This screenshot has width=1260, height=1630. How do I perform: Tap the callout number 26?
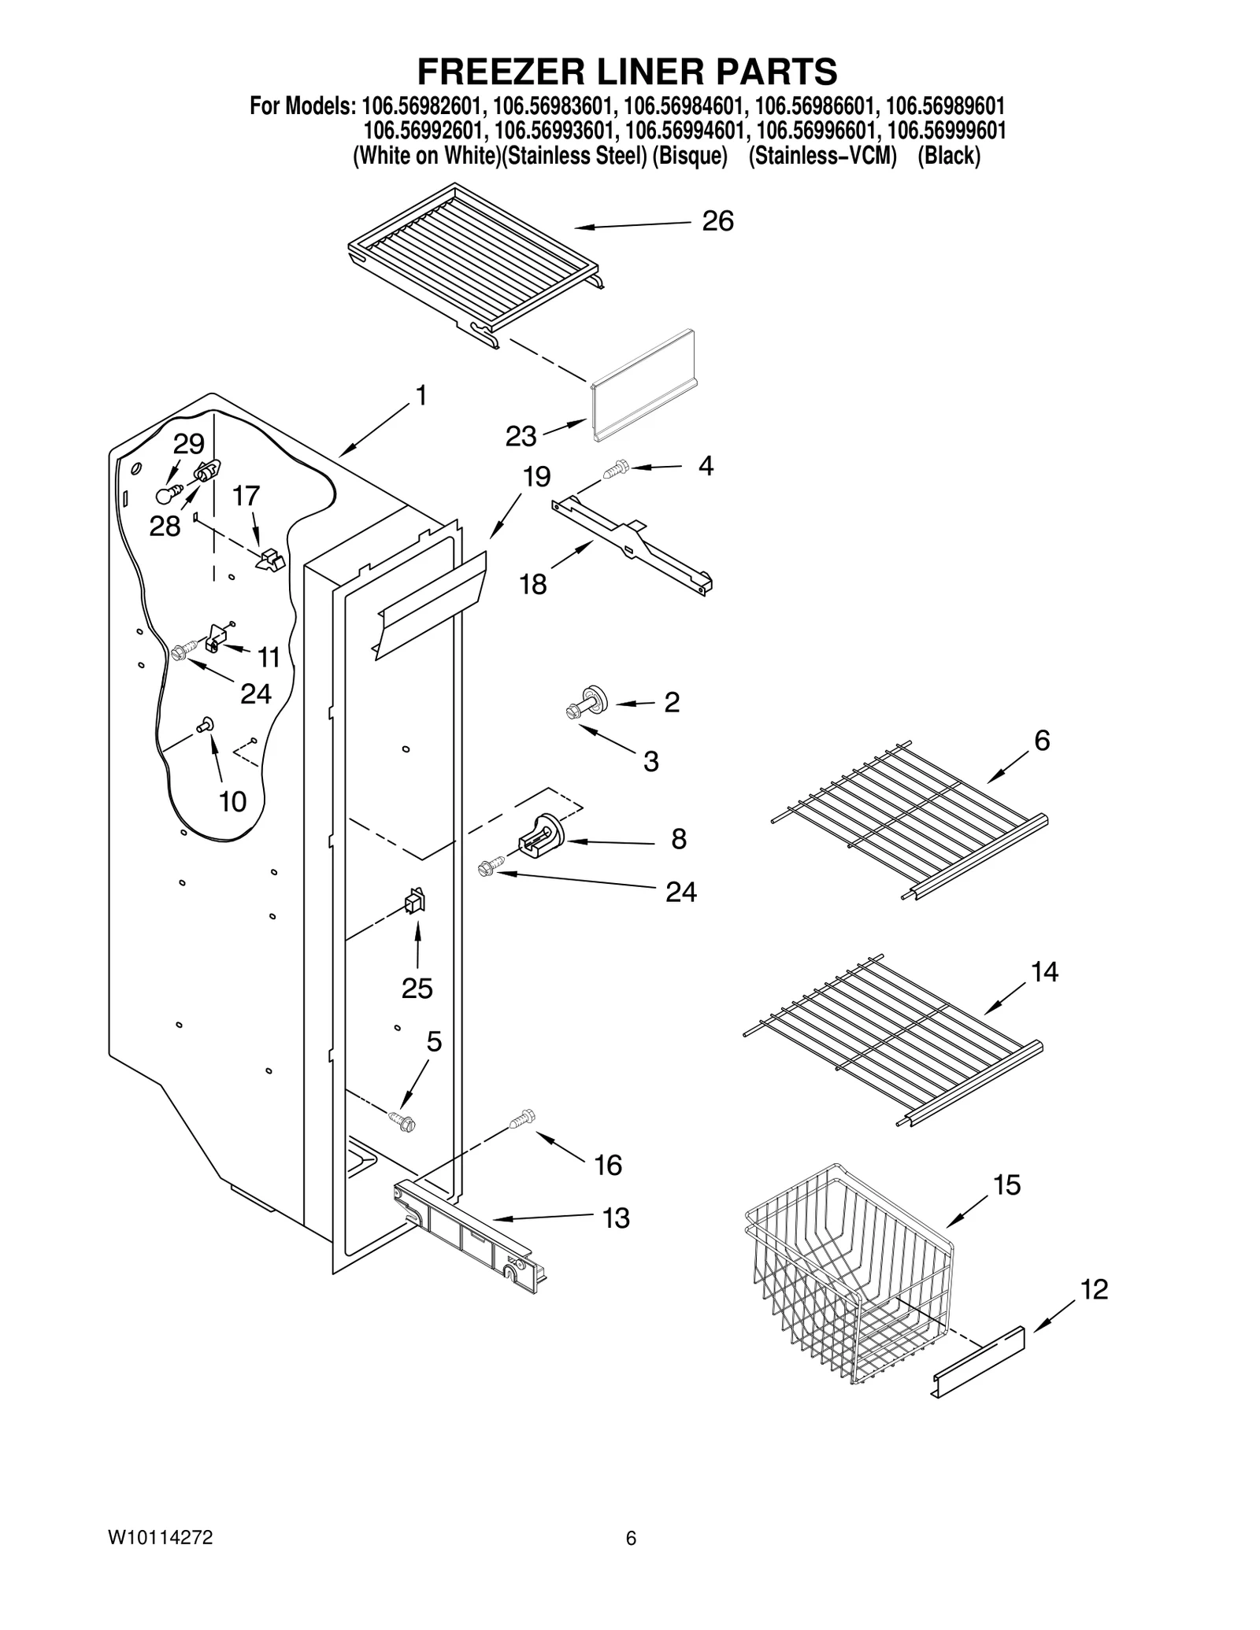click(x=717, y=221)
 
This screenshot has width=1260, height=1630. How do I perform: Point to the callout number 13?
click(x=615, y=1218)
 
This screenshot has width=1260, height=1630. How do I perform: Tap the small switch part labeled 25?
click(x=414, y=901)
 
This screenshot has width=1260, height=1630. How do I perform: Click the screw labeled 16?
click(x=522, y=1118)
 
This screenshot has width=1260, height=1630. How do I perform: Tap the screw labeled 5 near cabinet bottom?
click(x=402, y=1120)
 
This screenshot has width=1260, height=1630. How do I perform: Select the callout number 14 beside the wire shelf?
click(x=1044, y=972)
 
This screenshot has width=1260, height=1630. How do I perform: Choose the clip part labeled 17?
click(x=269, y=560)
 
